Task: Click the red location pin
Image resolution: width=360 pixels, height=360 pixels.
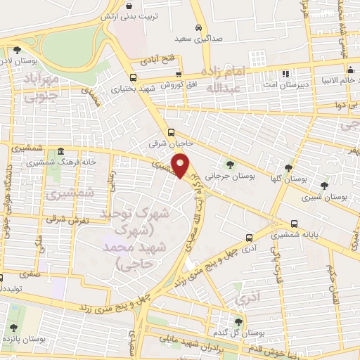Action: click(181, 165)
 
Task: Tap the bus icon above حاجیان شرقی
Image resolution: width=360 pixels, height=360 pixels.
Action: click(172, 132)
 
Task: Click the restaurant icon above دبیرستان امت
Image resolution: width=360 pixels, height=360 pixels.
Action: click(285, 74)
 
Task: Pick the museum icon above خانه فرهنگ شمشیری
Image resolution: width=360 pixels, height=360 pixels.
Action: click(61, 152)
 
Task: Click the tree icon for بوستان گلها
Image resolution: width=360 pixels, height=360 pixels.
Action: click(288, 167)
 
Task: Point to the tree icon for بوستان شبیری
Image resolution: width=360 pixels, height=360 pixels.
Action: click(323, 186)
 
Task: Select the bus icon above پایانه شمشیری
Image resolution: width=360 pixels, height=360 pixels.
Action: click(249, 238)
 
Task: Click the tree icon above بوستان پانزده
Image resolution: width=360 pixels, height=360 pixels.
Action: click(13, 328)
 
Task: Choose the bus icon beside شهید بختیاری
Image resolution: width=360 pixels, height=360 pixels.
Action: click(134, 77)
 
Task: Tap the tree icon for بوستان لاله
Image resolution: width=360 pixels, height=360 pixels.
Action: click(16, 49)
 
